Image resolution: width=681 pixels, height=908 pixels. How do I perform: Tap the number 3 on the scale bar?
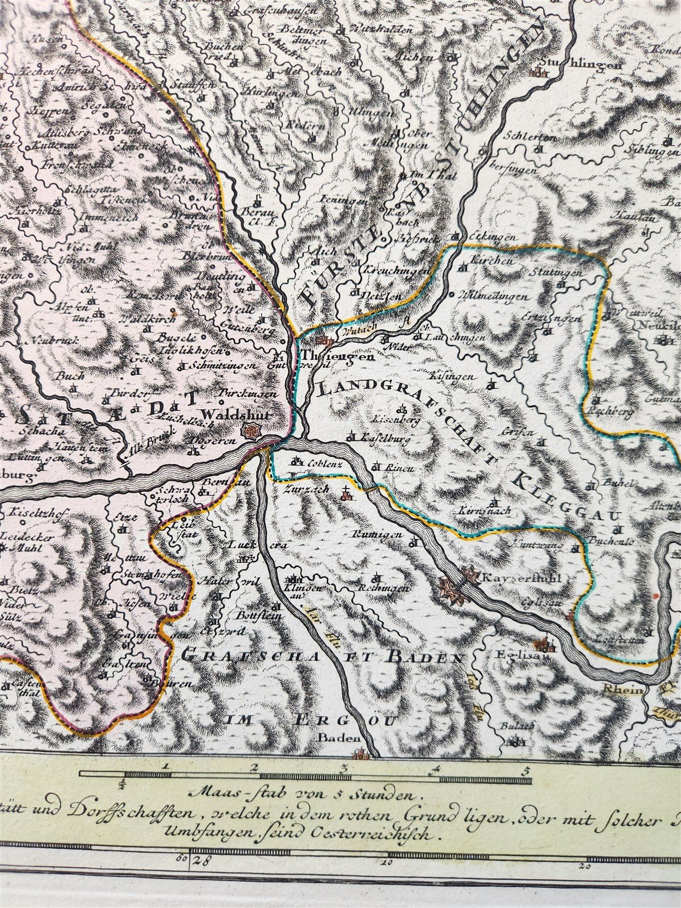(343, 770)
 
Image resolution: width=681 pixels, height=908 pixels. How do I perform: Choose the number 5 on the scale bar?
(527, 770)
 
